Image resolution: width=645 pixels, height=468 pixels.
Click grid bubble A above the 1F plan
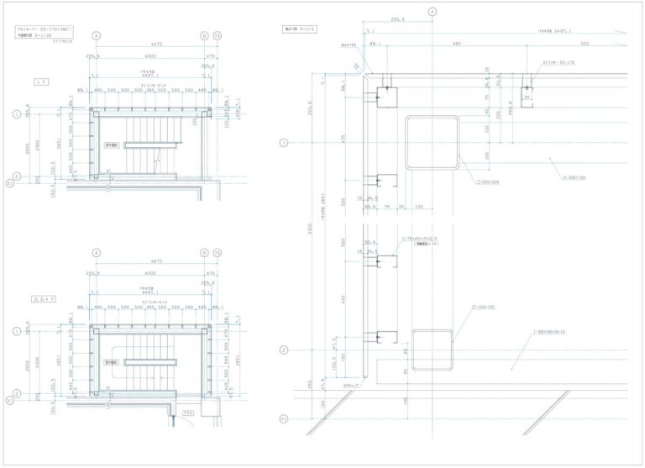[97, 36]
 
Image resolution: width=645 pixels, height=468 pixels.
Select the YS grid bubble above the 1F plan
[217, 36]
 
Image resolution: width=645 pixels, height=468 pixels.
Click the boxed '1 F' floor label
[41, 82]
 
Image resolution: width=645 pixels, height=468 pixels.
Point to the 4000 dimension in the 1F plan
[150, 56]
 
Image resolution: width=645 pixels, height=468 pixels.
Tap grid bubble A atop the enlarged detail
[433, 13]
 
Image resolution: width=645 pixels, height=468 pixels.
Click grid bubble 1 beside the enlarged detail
[283, 144]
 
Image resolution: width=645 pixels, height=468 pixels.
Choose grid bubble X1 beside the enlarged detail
[283, 418]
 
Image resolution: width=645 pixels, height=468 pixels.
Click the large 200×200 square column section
[433, 144]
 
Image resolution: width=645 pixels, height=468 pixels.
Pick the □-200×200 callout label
[486, 181]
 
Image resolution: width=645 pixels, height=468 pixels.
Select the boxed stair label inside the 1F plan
[111, 145]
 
